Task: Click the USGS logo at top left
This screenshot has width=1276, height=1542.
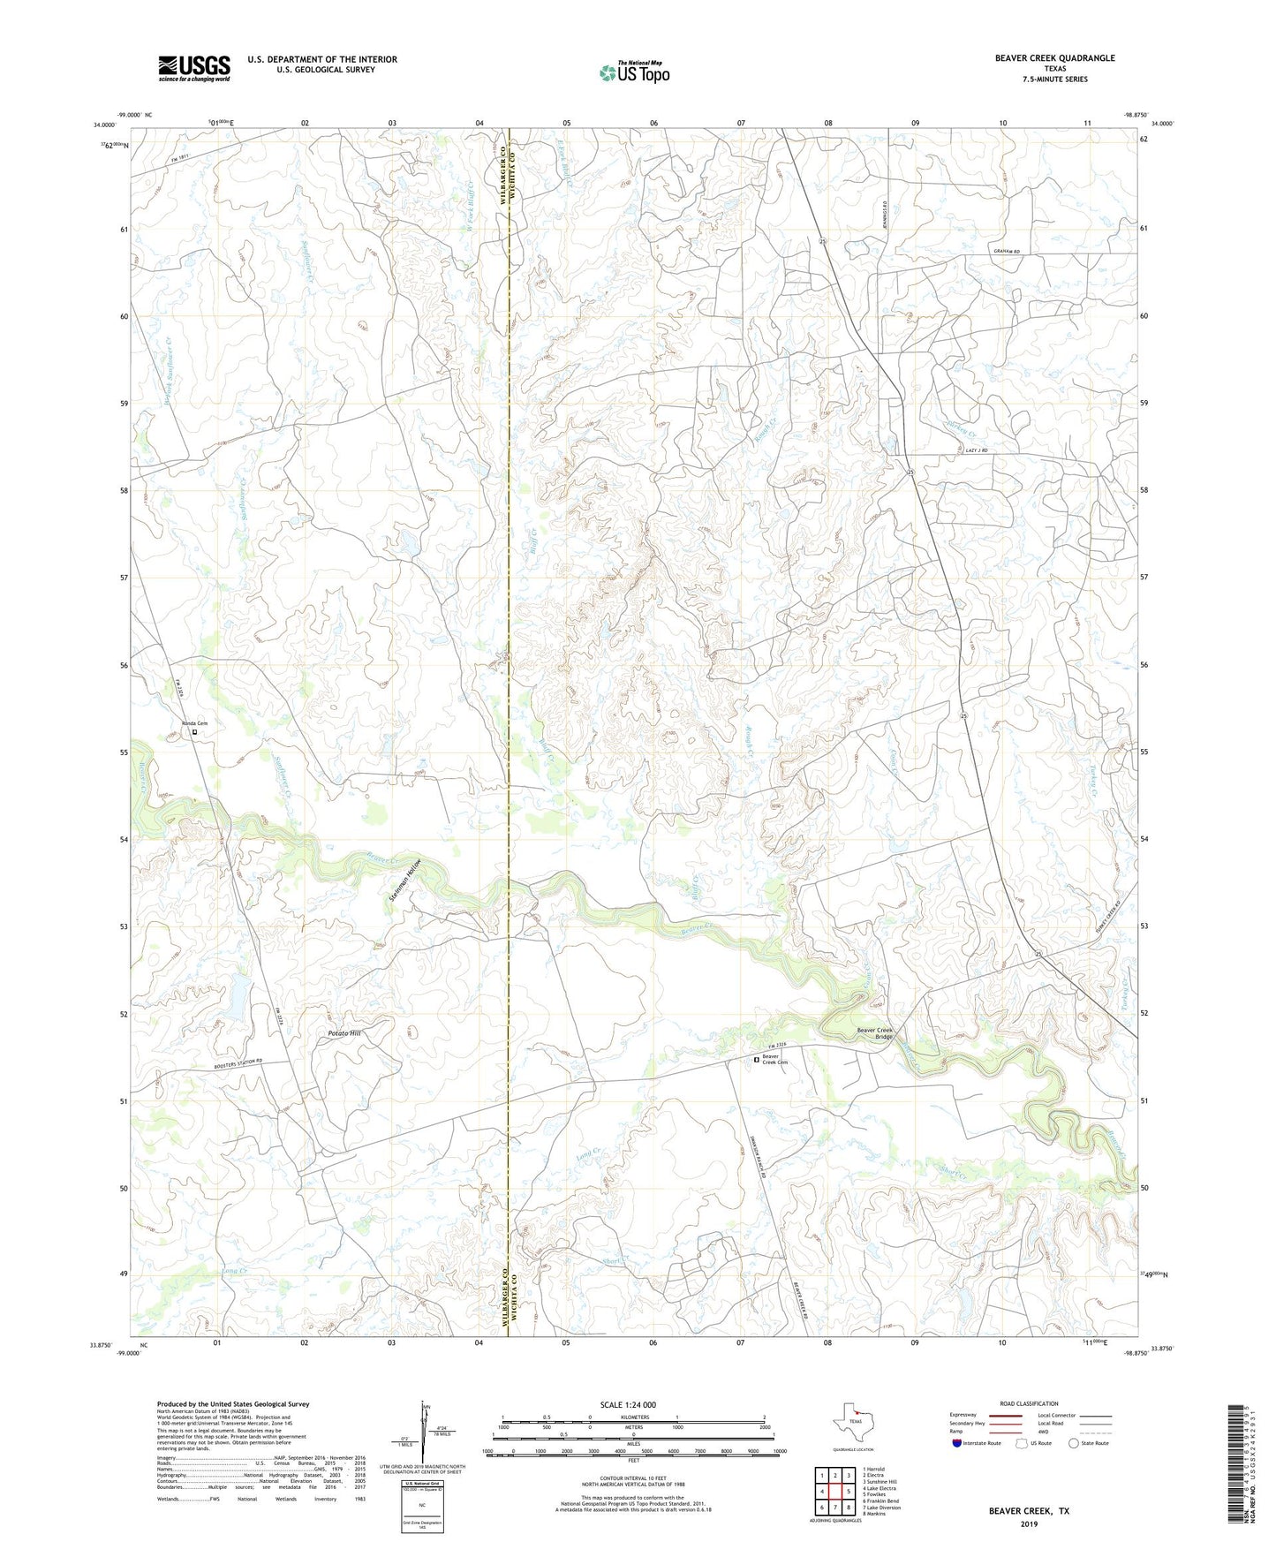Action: pyautogui.click(x=194, y=68)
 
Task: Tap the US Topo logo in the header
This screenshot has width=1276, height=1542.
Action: pyautogui.click(x=634, y=72)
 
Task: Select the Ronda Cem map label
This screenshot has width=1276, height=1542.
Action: pyautogui.click(x=194, y=723)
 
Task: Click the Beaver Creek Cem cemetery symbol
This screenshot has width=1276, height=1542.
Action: pyautogui.click(x=756, y=1059)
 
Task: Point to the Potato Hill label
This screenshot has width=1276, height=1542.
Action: pyautogui.click(x=344, y=1032)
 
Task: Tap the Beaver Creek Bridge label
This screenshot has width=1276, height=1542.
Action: pyautogui.click(x=875, y=1034)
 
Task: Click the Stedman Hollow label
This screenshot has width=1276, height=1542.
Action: pyautogui.click(x=403, y=880)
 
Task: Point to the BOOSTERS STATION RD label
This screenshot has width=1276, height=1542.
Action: pyautogui.click(x=238, y=1066)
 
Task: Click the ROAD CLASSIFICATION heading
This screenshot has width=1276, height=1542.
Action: pyautogui.click(x=1029, y=1403)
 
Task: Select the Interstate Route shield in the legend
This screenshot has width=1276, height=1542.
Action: pyautogui.click(x=957, y=1443)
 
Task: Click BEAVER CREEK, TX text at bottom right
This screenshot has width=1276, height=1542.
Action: pyautogui.click(x=1029, y=1511)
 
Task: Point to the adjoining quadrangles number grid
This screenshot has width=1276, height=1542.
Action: pyautogui.click(x=834, y=1492)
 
